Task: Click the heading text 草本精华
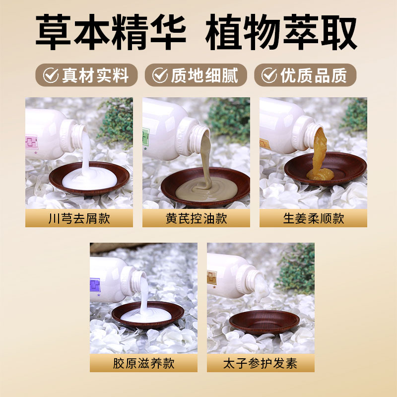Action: click(x=111, y=33)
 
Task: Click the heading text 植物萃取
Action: click(x=281, y=33)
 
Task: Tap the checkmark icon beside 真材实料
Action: click(x=51, y=75)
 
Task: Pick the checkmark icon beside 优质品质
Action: click(x=269, y=75)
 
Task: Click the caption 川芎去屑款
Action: click(x=79, y=218)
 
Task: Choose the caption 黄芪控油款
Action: click(x=196, y=218)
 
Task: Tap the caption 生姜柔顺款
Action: click(x=313, y=218)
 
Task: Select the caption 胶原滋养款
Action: click(x=143, y=364)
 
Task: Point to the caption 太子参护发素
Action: click(x=261, y=364)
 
